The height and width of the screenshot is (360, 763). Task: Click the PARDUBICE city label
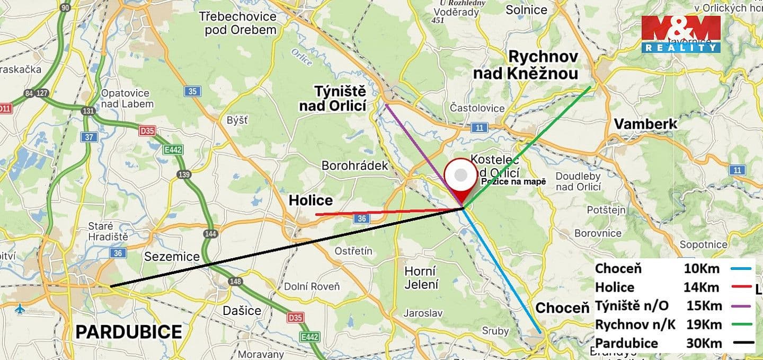point(129,332)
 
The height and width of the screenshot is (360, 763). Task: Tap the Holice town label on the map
point(310,200)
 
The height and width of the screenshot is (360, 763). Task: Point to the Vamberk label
point(645,124)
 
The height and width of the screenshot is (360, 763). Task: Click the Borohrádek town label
point(355,165)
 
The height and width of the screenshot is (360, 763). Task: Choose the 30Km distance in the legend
point(704,343)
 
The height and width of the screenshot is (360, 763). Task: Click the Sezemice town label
point(172,257)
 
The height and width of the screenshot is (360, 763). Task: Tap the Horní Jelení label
point(421,277)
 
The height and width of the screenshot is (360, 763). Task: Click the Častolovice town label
point(477,108)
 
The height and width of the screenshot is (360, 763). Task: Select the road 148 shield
point(235,282)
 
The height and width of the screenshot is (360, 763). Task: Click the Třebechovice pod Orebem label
point(237,23)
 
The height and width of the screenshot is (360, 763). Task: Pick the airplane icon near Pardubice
point(20,309)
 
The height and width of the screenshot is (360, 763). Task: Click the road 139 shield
point(184,174)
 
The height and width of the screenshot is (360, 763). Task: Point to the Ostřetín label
point(353,251)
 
